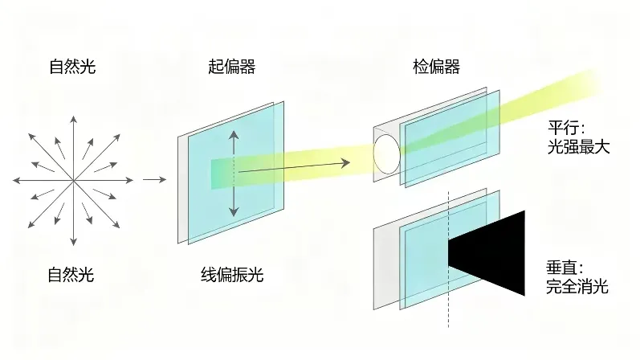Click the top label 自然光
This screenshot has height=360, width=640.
[72, 67]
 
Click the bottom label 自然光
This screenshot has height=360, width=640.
[71, 275]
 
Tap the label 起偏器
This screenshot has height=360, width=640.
[232, 67]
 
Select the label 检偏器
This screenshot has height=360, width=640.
[436, 67]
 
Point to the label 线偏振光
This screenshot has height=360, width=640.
[232, 275]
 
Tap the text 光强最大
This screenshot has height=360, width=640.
[578, 147]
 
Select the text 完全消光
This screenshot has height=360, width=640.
[577, 287]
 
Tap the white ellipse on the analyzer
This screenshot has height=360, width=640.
[386, 154]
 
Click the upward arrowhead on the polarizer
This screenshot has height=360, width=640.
[234, 136]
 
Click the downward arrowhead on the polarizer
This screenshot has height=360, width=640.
[234, 211]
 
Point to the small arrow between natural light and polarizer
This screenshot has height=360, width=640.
[155, 179]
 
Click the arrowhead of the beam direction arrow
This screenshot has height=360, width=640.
[346, 163]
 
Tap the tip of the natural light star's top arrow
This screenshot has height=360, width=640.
[73, 116]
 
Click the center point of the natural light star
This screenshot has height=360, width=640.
[73, 180]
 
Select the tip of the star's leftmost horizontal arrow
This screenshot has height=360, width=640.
[13, 180]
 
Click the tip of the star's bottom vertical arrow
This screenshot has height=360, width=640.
[73, 245]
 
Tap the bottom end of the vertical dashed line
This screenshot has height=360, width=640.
[448, 327]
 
